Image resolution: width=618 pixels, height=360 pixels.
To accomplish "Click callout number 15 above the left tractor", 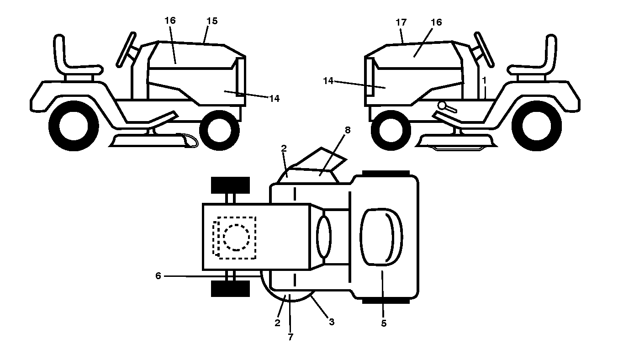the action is point(212,21).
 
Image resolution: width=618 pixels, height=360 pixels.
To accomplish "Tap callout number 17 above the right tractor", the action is point(401,22).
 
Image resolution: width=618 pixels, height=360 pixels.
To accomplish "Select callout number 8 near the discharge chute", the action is point(348,130).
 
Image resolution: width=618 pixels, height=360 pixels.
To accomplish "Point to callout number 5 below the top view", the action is point(384,323).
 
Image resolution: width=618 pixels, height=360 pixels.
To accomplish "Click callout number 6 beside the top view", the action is point(158,275).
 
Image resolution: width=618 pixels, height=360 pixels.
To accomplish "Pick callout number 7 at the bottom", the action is point(290,337).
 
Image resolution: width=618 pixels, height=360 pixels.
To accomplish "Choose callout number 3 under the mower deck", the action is point(332,322).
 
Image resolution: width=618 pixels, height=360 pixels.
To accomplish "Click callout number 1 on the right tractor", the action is point(484,80).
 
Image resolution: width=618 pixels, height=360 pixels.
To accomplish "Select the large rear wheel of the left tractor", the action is point(74,126).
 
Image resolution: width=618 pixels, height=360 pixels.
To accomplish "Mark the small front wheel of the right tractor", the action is point(391,130).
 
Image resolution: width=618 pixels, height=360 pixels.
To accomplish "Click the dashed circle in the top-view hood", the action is point(237,238).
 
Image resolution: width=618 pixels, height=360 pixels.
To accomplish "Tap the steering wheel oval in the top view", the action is point(324,237).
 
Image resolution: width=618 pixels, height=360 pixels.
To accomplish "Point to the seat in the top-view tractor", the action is point(381,237).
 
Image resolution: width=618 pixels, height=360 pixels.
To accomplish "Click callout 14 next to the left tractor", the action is point(274,99).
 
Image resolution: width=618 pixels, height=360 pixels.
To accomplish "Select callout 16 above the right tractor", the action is point(437,22).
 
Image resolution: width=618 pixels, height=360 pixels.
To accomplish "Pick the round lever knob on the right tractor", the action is point(442,106).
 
